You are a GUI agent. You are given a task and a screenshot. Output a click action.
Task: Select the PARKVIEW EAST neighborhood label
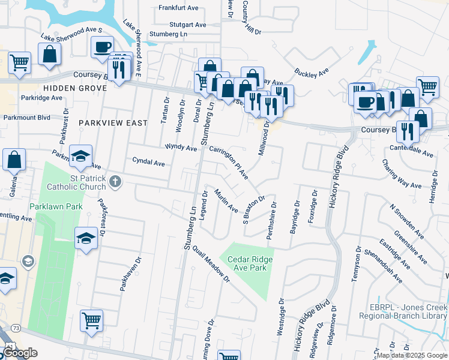tap(113, 123)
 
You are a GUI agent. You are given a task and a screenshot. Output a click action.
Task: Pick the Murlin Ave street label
tap(226, 201)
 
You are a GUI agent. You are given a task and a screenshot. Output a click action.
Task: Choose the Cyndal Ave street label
tap(149, 163)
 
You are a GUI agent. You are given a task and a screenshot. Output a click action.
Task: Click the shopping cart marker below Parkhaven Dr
tap(91, 320)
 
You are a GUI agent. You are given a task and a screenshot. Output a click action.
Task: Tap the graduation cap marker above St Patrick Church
tap(80, 155)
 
